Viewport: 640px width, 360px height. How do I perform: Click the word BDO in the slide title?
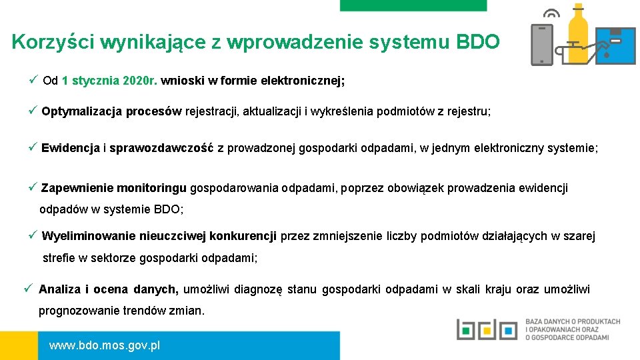[477, 43]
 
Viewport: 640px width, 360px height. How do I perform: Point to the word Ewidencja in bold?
[70, 148]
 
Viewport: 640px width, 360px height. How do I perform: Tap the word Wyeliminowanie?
[87, 236]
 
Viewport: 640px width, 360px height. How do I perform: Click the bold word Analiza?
[59, 289]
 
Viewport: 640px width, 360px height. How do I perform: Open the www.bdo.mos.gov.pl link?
[105, 346]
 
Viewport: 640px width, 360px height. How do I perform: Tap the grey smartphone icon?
[541, 44]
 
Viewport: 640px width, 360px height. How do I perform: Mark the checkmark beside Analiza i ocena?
[28, 289]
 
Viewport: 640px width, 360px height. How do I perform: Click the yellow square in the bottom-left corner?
[19, 345]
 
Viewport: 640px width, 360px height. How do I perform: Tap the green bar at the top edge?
[413, 5]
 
